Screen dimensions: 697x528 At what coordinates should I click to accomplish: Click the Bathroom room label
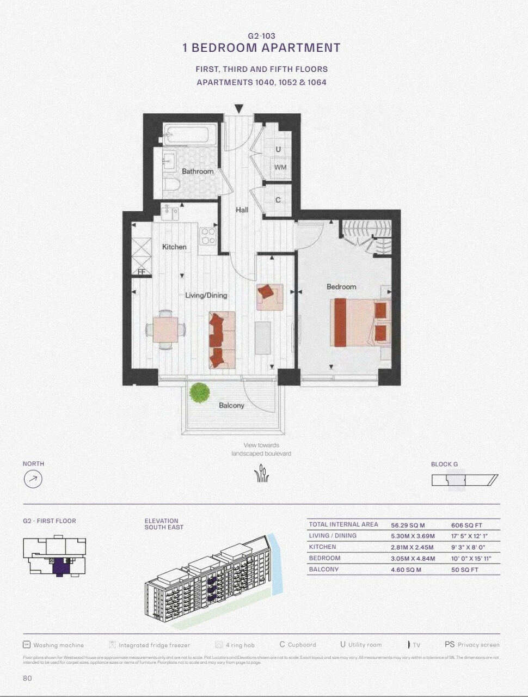pos(198,171)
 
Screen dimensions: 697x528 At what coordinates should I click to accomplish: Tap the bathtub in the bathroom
pos(191,134)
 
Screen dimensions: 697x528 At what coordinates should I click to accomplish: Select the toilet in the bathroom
pos(172,185)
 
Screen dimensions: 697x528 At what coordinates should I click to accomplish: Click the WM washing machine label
pos(280,167)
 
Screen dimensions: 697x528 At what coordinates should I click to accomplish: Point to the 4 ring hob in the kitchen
pos(208,236)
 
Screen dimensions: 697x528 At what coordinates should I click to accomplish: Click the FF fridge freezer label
pos(141,271)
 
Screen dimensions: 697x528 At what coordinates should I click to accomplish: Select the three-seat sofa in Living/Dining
pos(222,340)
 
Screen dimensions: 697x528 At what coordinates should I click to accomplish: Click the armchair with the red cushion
pos(269,297)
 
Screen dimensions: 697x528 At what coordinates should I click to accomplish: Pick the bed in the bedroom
pos(359,322)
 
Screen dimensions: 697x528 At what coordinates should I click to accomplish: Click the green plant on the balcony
pos(199,393)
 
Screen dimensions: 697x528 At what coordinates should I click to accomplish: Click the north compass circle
pos(33,479)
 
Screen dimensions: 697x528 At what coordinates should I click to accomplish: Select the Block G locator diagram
pos(464,480)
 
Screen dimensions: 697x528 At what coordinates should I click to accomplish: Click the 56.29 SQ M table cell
pos(408,525)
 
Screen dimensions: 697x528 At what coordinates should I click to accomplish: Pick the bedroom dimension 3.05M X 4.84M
pos(413,558)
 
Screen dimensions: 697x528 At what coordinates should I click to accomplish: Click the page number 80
pos(27,678)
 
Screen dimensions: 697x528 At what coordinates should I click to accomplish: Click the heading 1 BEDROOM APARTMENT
pos(261,48)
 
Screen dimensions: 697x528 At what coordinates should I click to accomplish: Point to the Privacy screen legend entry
pos(472,645)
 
